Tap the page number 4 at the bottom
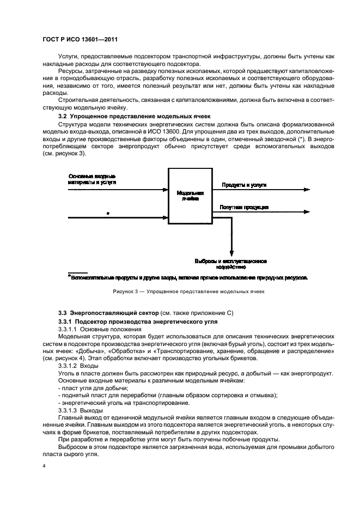pos(44,466)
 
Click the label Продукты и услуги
pos(243,185)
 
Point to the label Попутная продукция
pos(243,208)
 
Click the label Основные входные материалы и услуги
pos(92,179)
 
